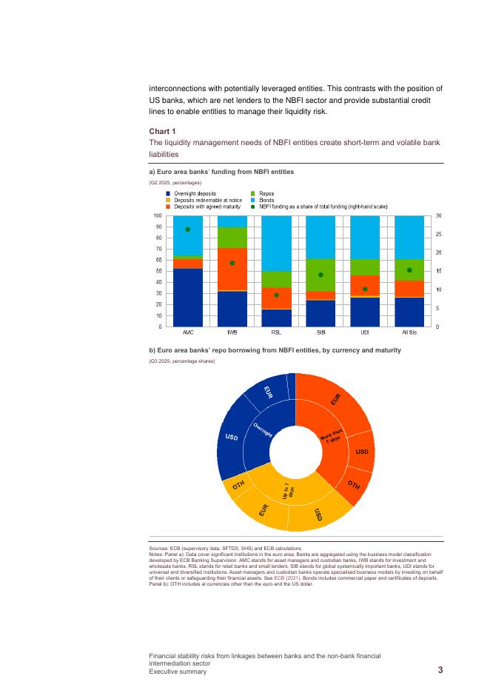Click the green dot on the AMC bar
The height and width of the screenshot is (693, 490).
(x=188, y=230)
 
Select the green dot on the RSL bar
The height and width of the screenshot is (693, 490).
(x=276, y=295)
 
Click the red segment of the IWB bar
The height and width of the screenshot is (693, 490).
(x=232, y=269)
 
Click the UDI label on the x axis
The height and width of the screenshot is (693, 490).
(x=365, y=333)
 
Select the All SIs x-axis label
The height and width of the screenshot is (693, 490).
(x=409, y=333)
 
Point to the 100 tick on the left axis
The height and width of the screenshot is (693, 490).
(x=158, y=215)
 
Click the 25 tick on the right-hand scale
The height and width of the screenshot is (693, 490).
(x=438, y=234)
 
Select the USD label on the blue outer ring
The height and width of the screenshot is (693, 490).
(x=231, y=438)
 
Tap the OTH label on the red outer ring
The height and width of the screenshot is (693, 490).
(x=354, y=485)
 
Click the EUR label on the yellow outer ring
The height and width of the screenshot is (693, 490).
(x=263, y=509)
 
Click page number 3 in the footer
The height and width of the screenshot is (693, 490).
(x=440, y=671)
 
